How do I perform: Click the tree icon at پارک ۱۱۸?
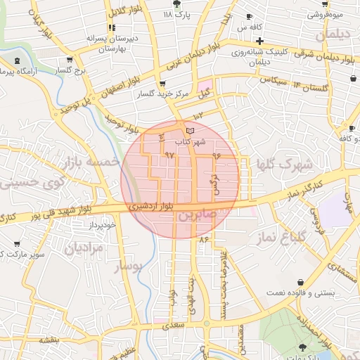coord(184,4)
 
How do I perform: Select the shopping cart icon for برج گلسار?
coord(69,60)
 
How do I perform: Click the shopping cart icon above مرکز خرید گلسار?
coord(162,83)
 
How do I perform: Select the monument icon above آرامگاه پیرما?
coord(17,61)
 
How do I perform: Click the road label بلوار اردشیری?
coord(149,206)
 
